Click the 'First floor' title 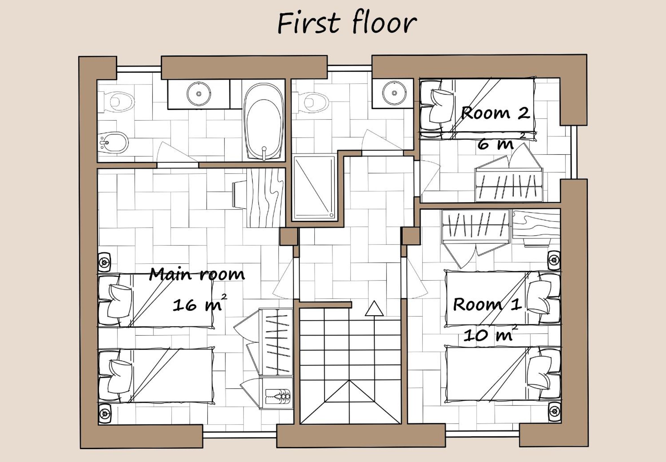[347, 23]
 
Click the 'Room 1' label [487, 304]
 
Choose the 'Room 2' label [495, 113]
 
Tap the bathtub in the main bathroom [264, 121]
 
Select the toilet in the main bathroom [116, 101]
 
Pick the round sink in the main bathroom [199, 94]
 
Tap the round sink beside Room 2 [394, 93]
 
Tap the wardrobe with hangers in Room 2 [509, 185]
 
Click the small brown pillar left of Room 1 [411, 236]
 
